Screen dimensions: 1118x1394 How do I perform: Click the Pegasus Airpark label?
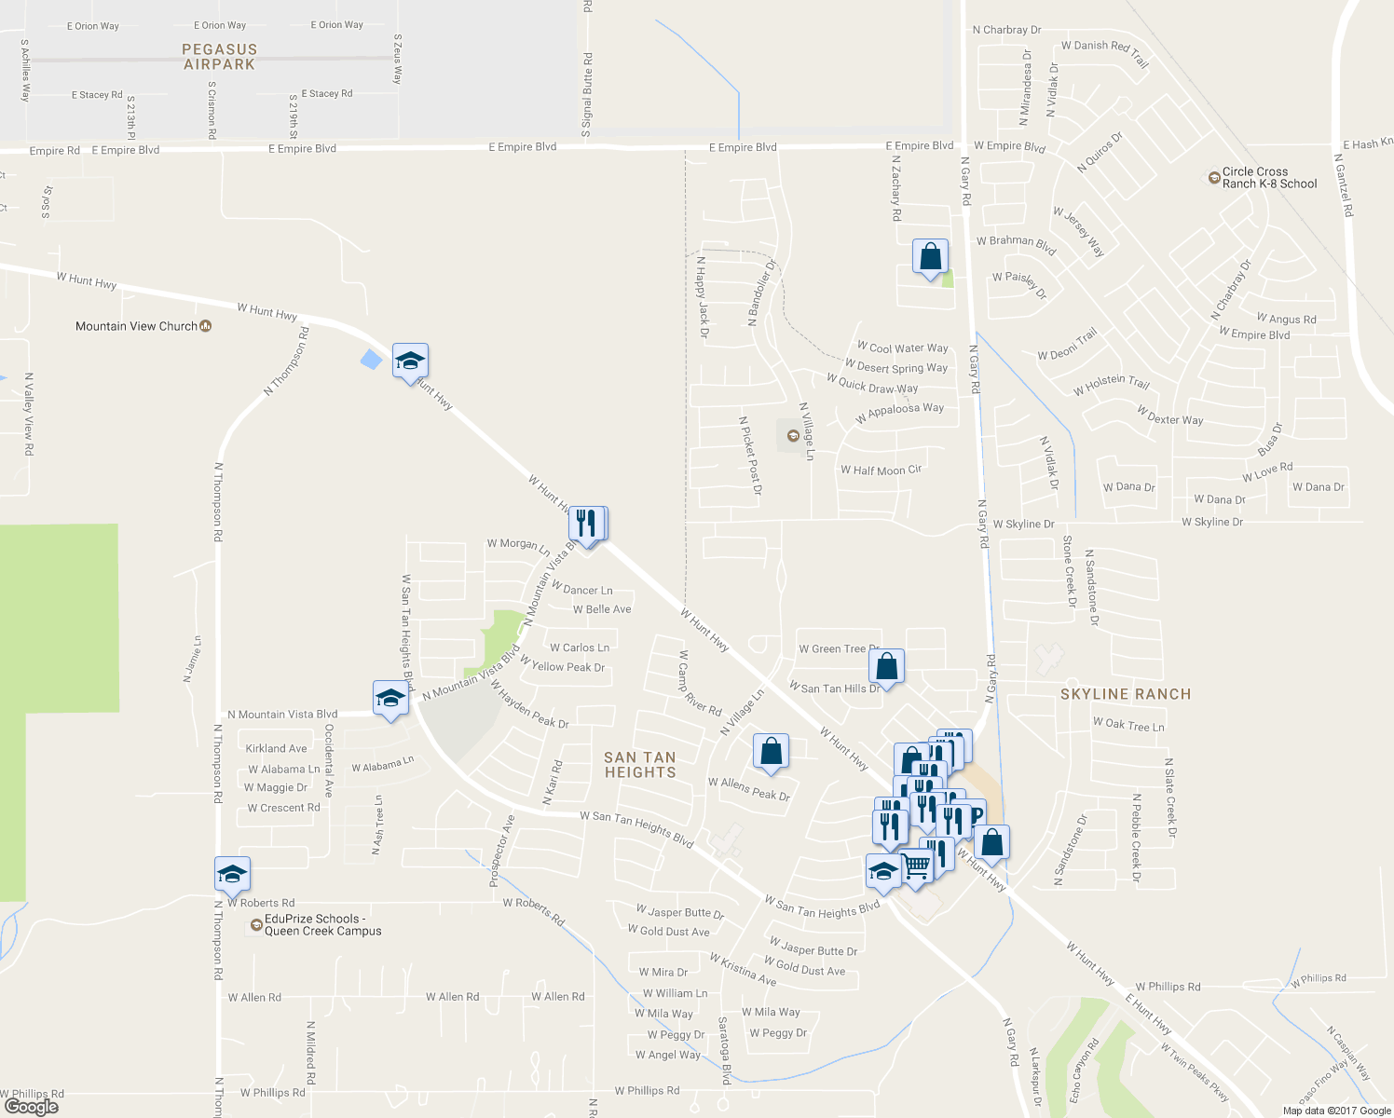point(219,57)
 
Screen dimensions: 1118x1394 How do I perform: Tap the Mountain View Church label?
point(136,326)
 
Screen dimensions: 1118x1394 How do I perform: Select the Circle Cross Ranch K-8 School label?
point(1268,178)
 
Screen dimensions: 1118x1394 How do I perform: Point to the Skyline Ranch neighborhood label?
point(1126,694)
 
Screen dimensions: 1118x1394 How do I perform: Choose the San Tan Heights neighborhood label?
point(640,765)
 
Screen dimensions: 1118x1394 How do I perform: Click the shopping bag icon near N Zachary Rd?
point(930,256)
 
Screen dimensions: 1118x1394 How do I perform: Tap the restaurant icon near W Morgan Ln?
point(586,524)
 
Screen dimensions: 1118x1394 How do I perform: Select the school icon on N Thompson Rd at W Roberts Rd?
point(232,874)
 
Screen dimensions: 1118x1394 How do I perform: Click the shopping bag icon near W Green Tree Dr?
point(886,666)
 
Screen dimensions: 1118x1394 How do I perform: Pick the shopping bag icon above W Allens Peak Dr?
point(771,751)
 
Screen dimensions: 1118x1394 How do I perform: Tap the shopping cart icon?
point(917,866)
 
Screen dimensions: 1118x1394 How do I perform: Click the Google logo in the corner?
point(31,1106)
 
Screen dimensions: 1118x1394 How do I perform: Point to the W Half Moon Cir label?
point(881,470)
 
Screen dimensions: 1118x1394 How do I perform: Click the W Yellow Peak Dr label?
point(563,666)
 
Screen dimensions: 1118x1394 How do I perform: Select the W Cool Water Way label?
point(902,348)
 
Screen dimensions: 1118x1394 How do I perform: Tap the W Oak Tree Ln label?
point(1128,725)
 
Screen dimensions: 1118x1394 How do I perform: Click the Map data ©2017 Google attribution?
point(1336,1110)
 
